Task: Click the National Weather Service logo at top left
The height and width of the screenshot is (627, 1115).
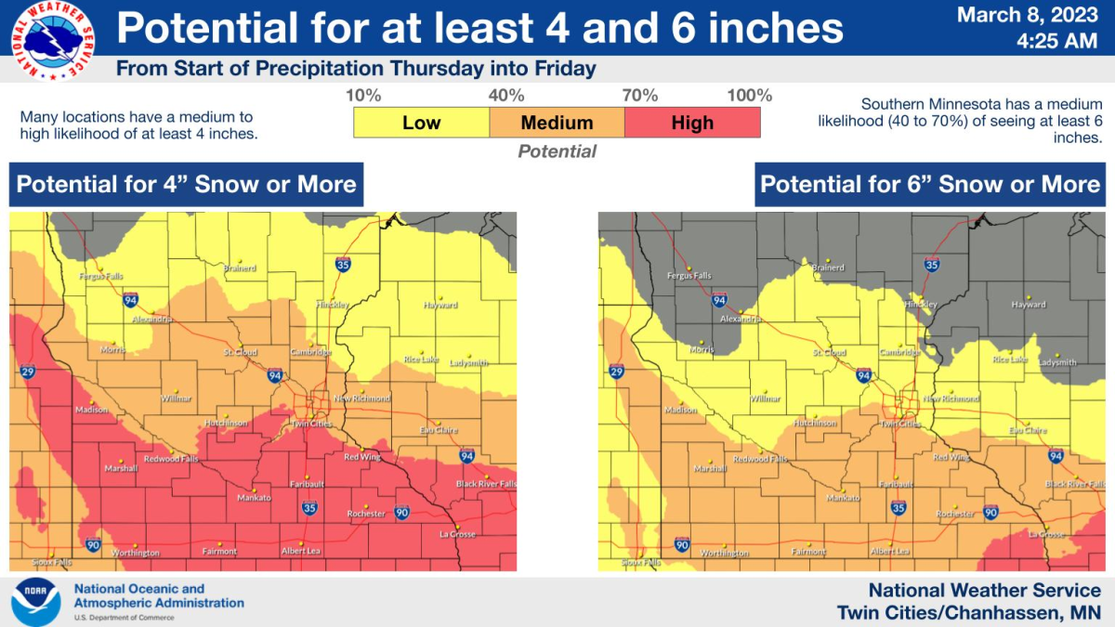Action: click(51, 41)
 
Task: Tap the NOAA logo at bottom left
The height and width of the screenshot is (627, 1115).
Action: click(35, 602)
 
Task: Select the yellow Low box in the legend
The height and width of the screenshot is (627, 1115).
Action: click(421, 123)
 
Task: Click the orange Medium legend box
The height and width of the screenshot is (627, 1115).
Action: click(557, 123)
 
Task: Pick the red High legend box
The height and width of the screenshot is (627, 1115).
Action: click(692, 123)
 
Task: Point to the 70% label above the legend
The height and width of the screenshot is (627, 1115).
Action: click(639, 96)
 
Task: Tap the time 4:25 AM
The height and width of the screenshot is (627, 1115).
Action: click(1056, 41)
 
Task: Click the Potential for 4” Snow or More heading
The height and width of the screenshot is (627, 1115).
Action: click(186, 184)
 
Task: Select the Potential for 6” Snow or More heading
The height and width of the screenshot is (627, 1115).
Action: click(930, 184)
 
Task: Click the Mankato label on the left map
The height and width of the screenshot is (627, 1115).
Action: click(254, 498)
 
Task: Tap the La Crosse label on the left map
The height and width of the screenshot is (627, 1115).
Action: click(457, 534)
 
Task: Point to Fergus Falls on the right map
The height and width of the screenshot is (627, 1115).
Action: click(689, 276)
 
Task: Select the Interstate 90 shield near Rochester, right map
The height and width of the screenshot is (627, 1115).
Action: click(990, 513)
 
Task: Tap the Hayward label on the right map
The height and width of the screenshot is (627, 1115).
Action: click(1029, 305)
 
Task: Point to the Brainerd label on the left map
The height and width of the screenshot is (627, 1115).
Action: click(239, 268)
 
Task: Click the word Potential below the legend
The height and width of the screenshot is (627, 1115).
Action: click(557, 151)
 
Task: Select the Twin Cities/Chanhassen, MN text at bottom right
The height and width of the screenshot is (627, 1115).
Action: click(968, 613)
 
